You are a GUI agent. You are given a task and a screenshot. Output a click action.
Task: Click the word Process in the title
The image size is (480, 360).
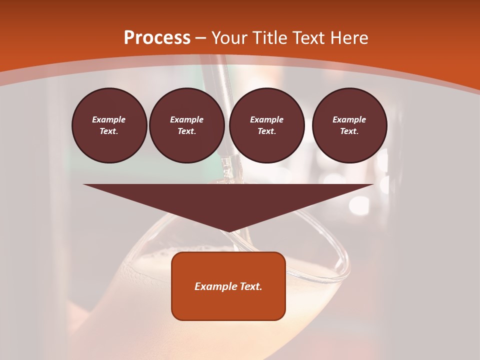coord(157,38)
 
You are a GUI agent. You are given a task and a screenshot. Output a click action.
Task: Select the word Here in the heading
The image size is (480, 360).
coord(348,38)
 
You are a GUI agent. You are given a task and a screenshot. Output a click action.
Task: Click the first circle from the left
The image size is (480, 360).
coord(109,125)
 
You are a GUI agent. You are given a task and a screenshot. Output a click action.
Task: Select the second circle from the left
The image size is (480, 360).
coord(186,125)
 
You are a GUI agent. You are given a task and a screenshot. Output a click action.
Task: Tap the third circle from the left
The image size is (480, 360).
coord(266,125)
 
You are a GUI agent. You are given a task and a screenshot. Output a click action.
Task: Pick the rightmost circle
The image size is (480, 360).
coord(349,125)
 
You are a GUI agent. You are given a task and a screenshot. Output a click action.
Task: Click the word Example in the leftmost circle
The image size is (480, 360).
coord(109,119)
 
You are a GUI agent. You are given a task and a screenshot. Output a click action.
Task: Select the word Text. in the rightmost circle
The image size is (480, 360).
coord(349,131)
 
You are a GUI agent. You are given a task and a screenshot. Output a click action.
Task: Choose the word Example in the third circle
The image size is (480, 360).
coord(266,119)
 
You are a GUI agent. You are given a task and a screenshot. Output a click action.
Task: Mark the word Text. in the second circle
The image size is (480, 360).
coord(186,131)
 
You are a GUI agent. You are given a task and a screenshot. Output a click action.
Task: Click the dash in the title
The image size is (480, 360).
coord(200,38)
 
